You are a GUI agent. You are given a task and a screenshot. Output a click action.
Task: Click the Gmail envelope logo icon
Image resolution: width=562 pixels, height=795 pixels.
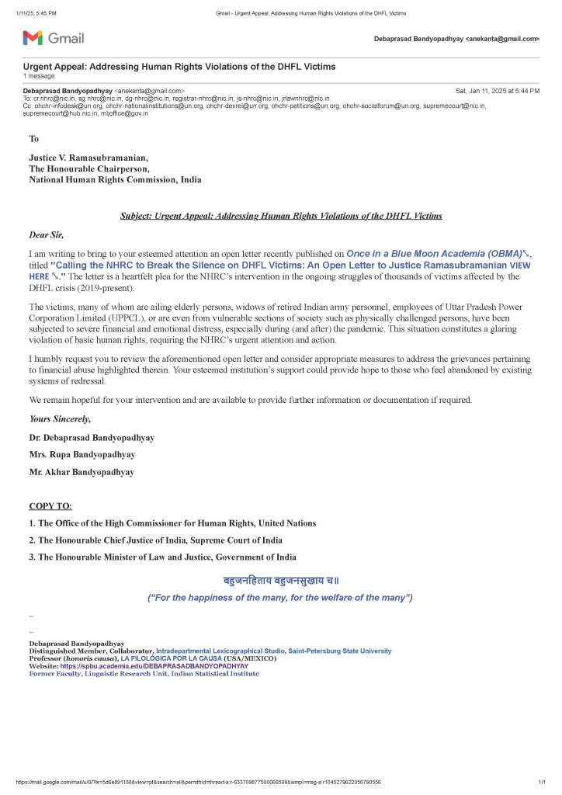33,37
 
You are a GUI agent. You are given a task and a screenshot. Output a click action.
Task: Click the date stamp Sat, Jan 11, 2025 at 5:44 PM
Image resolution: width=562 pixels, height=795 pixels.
497,91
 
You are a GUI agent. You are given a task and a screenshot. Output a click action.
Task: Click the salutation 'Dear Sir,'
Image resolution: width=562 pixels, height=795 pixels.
47,234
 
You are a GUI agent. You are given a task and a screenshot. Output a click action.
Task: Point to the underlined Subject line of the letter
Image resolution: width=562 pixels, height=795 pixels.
281,215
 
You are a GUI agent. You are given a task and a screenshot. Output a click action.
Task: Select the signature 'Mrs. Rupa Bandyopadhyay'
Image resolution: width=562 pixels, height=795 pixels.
82,454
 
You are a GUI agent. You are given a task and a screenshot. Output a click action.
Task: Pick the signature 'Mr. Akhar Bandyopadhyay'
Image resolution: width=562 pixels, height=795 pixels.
82,471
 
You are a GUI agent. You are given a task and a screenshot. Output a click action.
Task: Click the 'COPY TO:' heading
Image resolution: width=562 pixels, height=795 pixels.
50,505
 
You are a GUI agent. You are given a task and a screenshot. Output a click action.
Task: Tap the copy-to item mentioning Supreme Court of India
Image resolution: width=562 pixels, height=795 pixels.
155,540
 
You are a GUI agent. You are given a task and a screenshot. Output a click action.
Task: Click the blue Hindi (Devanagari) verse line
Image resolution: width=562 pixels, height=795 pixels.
280,581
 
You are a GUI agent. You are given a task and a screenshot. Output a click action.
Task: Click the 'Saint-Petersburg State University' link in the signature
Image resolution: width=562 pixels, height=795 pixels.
340,651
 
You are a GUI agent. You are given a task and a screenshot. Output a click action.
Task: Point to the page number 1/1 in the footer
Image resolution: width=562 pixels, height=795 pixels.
542,782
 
